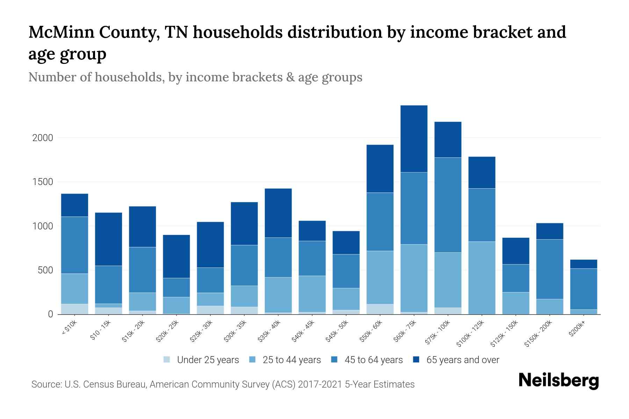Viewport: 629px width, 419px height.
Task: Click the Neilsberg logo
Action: point(558,381)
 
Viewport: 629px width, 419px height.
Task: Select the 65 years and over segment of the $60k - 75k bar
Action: point(414,139)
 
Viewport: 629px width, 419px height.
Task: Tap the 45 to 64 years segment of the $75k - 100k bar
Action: point(448,205)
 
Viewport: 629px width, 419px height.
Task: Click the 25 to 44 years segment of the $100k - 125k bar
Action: point(482,278)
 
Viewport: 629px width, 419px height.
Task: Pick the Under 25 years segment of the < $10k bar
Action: point(74,309)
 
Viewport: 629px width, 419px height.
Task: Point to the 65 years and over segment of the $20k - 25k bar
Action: point(176,256)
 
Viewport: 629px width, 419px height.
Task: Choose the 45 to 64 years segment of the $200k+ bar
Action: point(583,289)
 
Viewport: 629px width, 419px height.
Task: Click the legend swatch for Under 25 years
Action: point(167,360)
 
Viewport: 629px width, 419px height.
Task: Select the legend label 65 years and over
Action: point(463,360)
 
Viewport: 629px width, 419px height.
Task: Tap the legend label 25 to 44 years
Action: point(291,360)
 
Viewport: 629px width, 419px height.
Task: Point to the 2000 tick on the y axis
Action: point(43,138)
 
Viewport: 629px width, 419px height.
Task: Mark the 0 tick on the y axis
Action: point(50,314)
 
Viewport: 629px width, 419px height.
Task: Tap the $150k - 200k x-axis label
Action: point(539,334)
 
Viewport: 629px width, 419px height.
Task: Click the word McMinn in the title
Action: point(60,32)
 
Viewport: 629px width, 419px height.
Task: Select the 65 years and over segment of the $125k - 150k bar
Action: point(515,251)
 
